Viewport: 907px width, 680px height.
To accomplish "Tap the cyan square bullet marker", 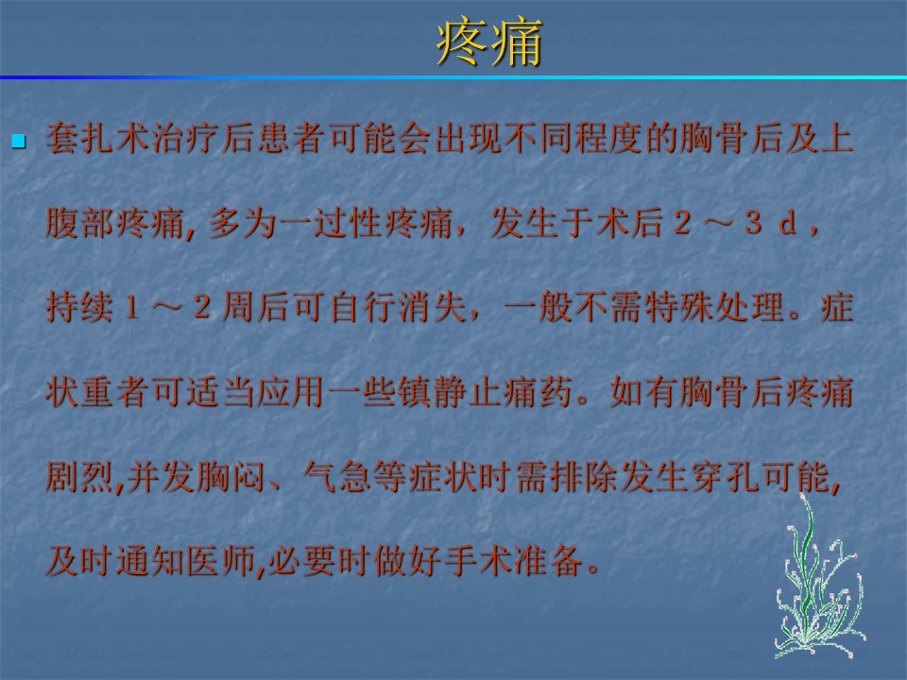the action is (19, 141).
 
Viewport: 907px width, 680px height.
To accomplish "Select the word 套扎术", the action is (97, 139).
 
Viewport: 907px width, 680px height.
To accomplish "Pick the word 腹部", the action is (79, 223).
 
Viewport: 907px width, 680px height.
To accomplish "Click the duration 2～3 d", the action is (735, 223).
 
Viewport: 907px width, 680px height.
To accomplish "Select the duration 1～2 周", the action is (189, 306).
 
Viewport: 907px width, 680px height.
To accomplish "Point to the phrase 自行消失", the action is (397, 306).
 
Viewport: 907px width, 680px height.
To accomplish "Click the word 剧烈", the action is (79, 476).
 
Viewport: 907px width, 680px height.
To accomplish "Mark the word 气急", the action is (336, 476).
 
